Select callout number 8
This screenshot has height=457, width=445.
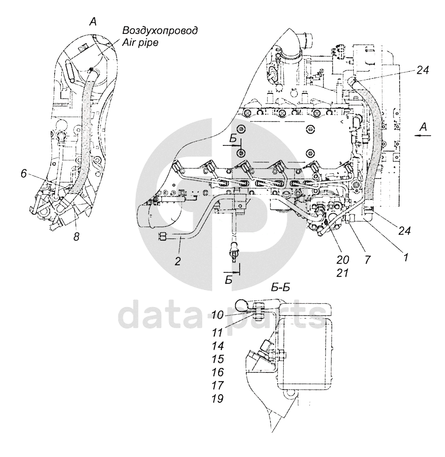click(77, 237)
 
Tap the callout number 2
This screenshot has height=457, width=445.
click(178, 261)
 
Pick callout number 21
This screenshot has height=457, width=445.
click(342, 273)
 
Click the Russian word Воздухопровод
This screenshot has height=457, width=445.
click(160, 30)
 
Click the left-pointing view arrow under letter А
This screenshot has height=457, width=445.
click(423, 137)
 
